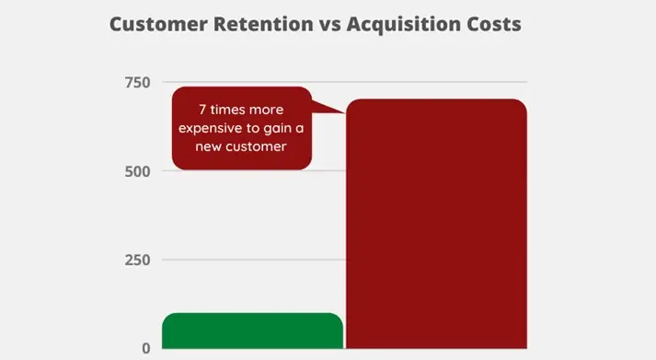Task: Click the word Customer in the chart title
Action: (155, 24)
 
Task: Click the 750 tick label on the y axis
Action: (137, 83)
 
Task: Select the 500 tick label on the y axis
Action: (137, 171)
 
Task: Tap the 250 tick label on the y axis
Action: (137, 260)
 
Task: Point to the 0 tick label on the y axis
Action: (145, 348)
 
